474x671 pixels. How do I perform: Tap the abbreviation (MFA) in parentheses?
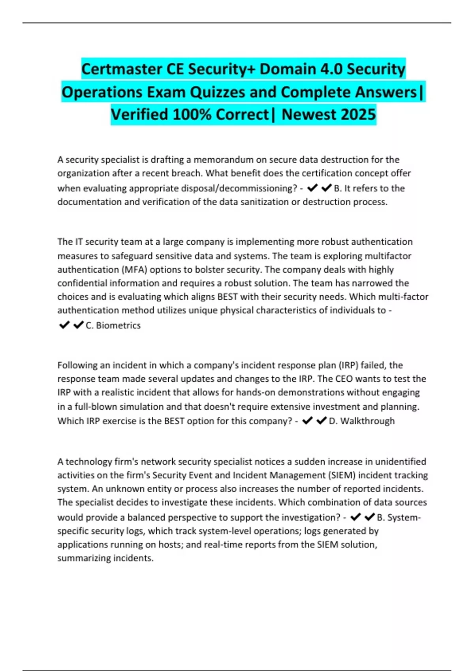(134, 270)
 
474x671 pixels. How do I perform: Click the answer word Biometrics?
(118, 325)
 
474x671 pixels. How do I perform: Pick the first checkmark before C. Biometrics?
(64, 325)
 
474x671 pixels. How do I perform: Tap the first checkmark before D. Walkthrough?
(307, 421)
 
